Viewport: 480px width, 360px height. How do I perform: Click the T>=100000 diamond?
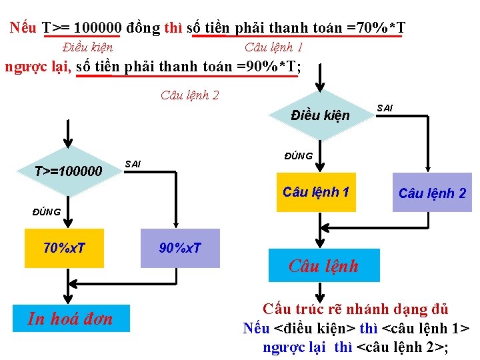click(68, 173)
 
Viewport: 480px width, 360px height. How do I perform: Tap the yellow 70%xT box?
click(64, 249)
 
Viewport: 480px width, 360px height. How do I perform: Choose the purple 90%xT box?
click(180, 249)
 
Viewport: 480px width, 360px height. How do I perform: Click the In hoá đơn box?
click(70, 319)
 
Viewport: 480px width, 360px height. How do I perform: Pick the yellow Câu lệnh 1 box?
click(315, 193)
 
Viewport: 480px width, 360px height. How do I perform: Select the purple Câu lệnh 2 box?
click(432, 193)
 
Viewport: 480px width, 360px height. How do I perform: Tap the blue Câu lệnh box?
click(323, 266)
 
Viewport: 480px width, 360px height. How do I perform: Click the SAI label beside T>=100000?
click(133, 164)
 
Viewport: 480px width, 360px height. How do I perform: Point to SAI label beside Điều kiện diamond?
click(385, 107)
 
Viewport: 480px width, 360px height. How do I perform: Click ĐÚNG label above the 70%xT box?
click(47, 212)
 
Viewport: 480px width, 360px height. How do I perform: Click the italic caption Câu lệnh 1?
click(273, 47)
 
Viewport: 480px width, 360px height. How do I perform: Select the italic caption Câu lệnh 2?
click(189, 95)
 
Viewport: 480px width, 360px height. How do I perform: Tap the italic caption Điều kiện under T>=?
click(87, 47)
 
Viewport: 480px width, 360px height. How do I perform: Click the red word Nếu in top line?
click(24, 28)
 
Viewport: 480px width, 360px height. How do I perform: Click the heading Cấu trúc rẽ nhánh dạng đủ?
click(355, 309)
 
